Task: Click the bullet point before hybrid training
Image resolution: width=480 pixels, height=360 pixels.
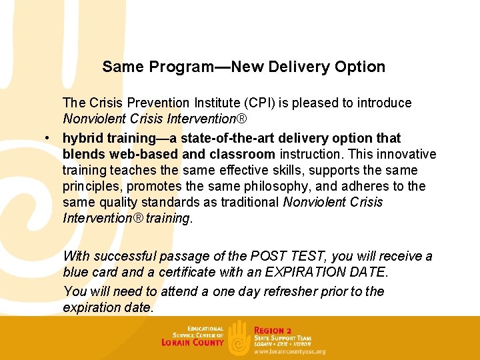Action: coord(49,139)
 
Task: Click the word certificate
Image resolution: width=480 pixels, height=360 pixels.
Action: coord(187,272)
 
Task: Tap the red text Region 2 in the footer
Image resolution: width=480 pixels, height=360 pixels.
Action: coord(273,330)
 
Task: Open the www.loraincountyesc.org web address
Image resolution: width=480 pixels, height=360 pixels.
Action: coord(289,351)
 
